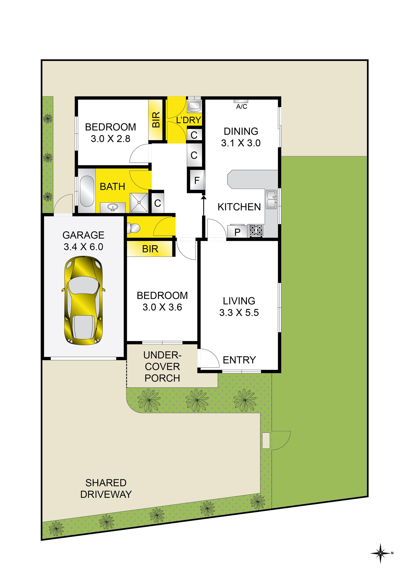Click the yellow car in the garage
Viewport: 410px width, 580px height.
pyautogui.click(x=83, y=300)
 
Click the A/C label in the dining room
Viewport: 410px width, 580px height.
pyautogui.click(x=242, y=107)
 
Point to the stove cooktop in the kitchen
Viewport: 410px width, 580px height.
pyautogui.click(x=256, y=230)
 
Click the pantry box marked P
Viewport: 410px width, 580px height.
pyautogui.click(x=237, y=231)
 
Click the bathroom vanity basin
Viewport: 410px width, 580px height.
pyautogui.click(x=113, y=208)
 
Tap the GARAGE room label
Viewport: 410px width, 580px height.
pyautogui.click(x=83, y=235)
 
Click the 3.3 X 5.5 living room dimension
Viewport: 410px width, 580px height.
pyautogui.click(x=239, y=313)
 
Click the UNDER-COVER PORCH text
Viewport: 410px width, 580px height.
pyautogui.click(x=162, y=366)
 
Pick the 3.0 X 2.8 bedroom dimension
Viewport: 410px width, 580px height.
pyautogui.click(x=111, y=139)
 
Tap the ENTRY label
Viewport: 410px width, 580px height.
pyautogui.click(x=239, y=360)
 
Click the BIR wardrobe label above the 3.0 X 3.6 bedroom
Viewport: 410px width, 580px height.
pyautogui.click(x=150, y=249)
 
